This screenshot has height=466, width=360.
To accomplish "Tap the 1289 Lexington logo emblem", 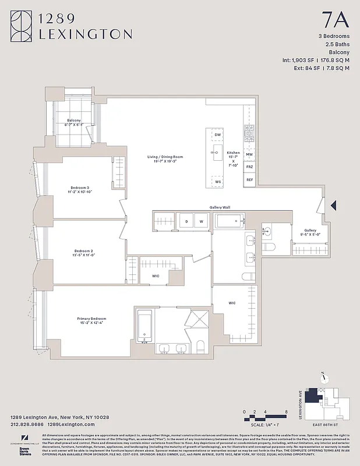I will coord(22,26).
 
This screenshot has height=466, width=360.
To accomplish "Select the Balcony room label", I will coord(73,122).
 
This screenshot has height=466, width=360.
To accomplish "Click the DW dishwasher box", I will coord(218,135).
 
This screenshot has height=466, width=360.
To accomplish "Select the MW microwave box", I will coord(249,154).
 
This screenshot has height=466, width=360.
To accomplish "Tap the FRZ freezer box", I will coord(249,167).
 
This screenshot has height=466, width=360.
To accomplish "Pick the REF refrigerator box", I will coord(249,180).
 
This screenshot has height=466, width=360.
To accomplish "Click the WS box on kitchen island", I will coord(218,182).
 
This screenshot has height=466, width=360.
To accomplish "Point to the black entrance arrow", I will coord(334,205).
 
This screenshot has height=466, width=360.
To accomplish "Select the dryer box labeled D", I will coord(187,221).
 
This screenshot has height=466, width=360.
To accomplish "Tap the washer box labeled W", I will coord(201,221).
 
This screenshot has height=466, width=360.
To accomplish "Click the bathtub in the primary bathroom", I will coord(144,326).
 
